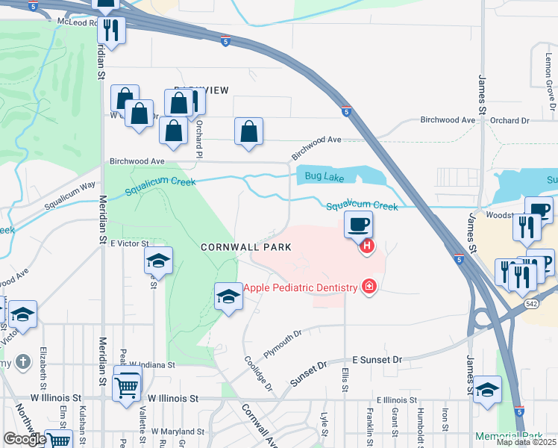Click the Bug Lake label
pos(325,176)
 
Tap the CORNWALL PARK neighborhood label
pos(245,246)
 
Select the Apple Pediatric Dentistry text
pos(301,286)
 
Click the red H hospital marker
pos(366,246)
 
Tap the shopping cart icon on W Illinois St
pos(127,385)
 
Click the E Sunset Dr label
pos(377,360)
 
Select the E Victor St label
pos(130,243)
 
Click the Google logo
pos(25,439)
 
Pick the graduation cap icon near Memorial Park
pos(487,390)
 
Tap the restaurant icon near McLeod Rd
pos(111,31)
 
